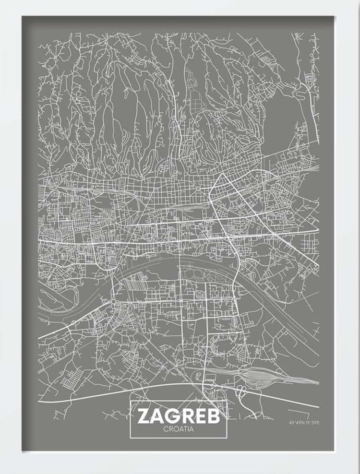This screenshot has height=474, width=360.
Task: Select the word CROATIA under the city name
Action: (178, 429)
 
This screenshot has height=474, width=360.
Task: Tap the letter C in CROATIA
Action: (164, 429)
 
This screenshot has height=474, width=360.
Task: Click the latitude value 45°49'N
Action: (296, 423)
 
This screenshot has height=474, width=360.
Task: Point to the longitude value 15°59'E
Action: (312, 423)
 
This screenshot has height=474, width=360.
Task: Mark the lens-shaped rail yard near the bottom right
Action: (262, 376)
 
